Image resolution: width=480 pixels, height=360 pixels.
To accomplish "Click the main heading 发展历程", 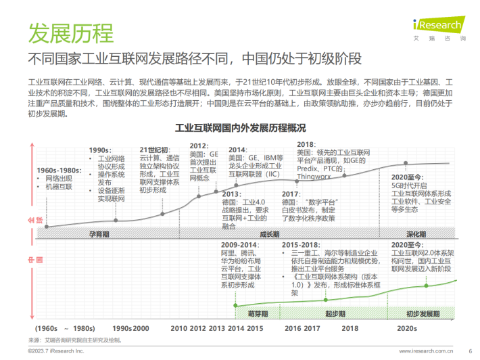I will [x=70, y=31].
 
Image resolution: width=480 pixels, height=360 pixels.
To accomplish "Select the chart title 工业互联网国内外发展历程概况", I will [x=241, y=127].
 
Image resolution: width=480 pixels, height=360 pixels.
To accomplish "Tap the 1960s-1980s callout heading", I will [x=59, y=169].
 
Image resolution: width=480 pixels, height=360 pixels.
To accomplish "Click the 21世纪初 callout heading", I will [x=154, y=150].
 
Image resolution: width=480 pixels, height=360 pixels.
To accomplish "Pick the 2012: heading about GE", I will [x=199, y=145].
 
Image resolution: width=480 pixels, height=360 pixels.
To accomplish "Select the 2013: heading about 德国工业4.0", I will [x=231, y=194].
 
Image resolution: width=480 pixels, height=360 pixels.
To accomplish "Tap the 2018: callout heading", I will [x=306, y=144].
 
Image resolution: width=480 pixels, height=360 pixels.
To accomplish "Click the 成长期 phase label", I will [x=268, y=234].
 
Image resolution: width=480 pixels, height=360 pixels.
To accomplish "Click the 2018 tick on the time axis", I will [x=350, y=328].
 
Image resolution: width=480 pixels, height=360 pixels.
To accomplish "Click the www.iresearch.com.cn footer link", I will [x=425, y=351].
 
